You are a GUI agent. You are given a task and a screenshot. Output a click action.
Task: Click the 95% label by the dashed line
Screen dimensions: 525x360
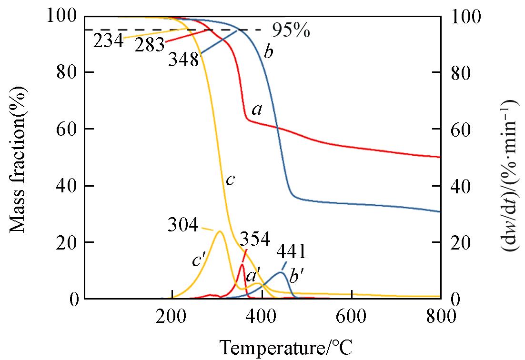(x=291, y=31)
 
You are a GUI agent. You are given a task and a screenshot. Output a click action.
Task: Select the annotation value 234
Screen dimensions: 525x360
(x=108, y=41)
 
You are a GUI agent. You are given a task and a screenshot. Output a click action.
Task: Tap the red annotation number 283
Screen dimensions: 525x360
(x=149, y=45)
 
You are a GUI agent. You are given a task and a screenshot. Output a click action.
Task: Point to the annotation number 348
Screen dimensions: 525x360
(x=183, y=60)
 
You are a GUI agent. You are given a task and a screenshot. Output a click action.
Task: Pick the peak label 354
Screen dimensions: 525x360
(x=255, y=239)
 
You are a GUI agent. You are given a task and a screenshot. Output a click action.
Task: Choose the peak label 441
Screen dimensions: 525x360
(x=291, y=251)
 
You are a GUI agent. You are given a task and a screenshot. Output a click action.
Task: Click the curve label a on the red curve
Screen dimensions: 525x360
(x=257, y=110)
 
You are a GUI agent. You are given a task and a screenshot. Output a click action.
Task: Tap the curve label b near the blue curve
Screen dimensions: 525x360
(x=269, y=52)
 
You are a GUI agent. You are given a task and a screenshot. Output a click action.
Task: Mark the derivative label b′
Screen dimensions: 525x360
(x=296, y=276)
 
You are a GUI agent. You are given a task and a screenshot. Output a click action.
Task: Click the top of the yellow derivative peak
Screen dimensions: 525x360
(x=220, y=231)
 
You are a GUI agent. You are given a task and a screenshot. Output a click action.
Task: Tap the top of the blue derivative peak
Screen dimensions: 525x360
(x=282, y=272)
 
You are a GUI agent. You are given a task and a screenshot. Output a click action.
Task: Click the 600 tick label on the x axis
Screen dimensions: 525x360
(x=351, y=316)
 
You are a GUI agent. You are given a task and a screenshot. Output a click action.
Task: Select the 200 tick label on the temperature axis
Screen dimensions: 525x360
(x=171, y=316)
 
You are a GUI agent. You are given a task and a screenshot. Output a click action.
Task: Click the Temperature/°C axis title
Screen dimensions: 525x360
(x=286, y=347)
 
